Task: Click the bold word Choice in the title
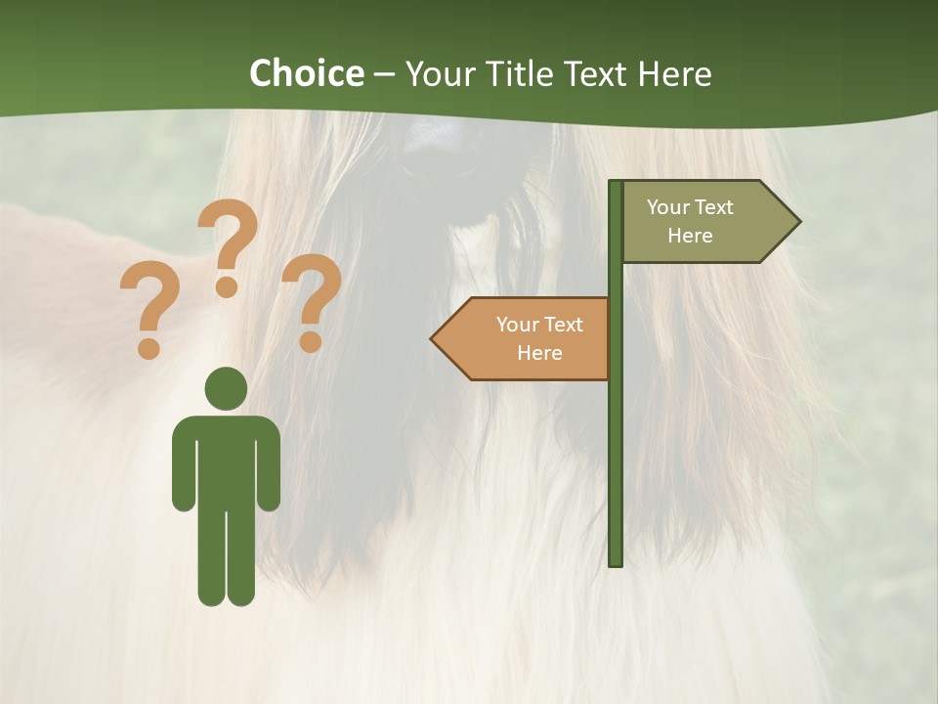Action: coord(306,73)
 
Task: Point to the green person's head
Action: coord(226,388)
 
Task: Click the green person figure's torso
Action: coord(226,460)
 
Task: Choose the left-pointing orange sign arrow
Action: coord(523,338)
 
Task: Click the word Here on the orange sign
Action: coord(539,353)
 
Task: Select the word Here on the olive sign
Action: coord(690,236)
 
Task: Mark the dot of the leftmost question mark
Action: coord(149,348)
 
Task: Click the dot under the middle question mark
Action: coord(227,286)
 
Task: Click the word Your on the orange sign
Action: coord(515,325)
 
